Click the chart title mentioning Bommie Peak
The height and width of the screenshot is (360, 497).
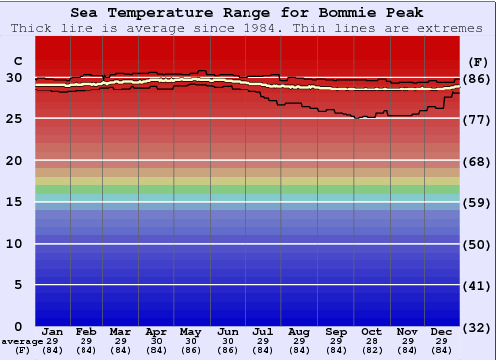pyautogui.click(x=248, y=13)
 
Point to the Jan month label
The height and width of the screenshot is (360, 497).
pyautogui.click(x=53, y=331)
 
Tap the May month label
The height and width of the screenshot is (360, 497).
pyautogui.click(x=190, y=331)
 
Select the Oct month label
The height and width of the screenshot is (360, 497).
pyautogui.click(x=371, y=331)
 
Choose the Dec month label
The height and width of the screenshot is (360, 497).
pyautogui.click(x=443, y=331)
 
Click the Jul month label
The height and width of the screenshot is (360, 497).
pyautogui.click(x=263, y=331)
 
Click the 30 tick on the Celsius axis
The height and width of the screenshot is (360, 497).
pyautogui.click(x=14, y=78)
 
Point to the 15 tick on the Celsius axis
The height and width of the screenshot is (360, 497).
pyautogui.click(x=14, y=202)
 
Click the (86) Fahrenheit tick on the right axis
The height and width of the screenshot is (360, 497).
pyautogui.click(x=476, y=78)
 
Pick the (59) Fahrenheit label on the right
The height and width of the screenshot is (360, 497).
pyautogui.click(x=476, y=202)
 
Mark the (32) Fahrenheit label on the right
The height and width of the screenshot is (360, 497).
pyautogui.click(x=476, y=327)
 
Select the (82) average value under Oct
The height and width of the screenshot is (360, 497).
pyautogui.click(x=371, y=350)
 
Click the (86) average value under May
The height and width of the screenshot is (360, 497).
pyautogui.click(x=190, y=350)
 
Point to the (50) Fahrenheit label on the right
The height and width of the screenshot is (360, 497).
pyautogui.click(x=476, y=244)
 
